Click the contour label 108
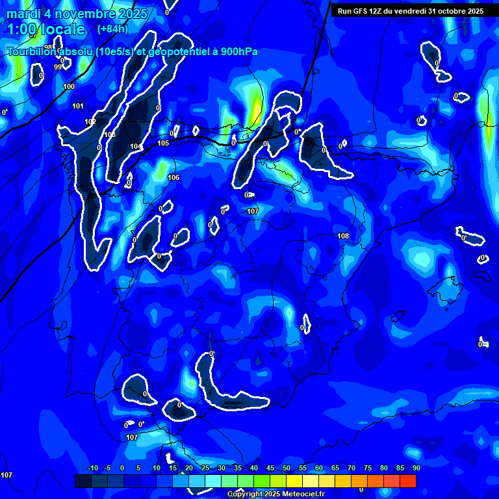pos(344,236)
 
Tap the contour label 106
pos(173,177)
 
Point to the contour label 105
pos(163,143)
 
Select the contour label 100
pos(69,86)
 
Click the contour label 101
pos(78,106)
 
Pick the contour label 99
pos(58,67)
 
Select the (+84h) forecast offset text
pos(112,29)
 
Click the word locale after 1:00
pos(63,29)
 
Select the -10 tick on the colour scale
pos(92,468)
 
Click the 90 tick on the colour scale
pos(416,468)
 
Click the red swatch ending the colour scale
pos(408,481)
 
